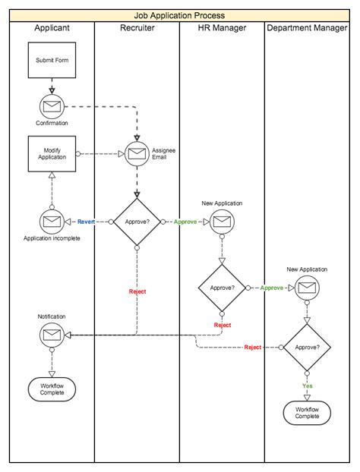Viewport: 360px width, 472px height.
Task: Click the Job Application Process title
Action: (180, 15)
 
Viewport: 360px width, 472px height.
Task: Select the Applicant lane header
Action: (52, 28)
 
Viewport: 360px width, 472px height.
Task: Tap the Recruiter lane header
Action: (137, 28)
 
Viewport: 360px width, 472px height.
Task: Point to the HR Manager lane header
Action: (222, 28)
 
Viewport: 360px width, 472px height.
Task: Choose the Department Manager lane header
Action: (308, 28)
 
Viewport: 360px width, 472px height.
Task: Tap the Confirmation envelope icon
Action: (52, 106)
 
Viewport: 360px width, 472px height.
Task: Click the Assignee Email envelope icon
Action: (137, 153)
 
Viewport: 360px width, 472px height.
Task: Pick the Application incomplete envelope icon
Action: (52, 222)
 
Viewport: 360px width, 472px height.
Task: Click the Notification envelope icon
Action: (52, 334)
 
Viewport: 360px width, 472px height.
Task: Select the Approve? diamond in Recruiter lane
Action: (137, 222)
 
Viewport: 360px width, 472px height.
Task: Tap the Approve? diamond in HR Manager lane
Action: (222, 288)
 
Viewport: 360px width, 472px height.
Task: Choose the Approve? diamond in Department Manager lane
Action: (308, 347)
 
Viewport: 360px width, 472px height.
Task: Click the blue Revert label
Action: (87, 222)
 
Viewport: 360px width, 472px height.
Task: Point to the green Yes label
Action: (308, 385)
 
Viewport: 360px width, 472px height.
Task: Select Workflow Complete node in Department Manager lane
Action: (308, 413)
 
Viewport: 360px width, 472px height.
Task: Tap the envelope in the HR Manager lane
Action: (222, 222)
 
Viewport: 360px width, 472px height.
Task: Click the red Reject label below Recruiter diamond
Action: (137, 291)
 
